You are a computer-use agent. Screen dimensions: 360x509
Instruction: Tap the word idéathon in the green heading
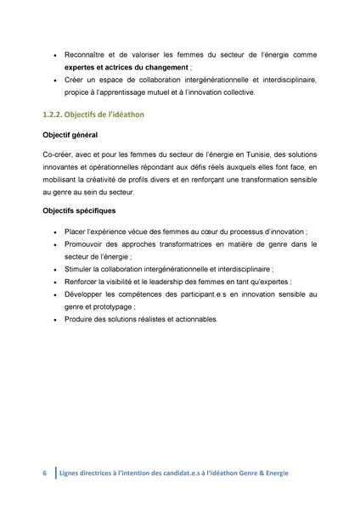coord(134,115)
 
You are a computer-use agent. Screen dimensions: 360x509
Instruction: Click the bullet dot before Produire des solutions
coord(54,320)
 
